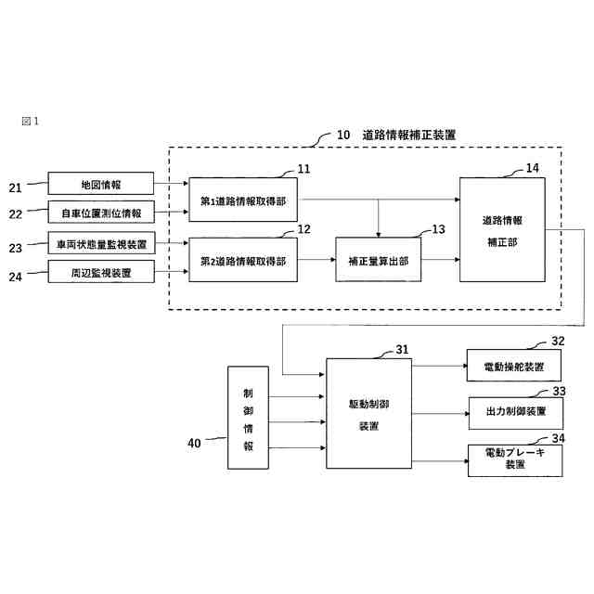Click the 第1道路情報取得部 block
[x=243, y=199]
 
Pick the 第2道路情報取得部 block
[x=243, y=260]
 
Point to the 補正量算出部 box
[x=379, y=261]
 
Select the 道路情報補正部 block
[x=502, y=229]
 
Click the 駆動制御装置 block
[x=368, y=413]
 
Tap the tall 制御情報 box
[x=248, y=418]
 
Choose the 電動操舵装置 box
[x=514, y=366]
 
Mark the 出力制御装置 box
[x=515, y=410]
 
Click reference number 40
[x=194, y=444]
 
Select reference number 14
[x=532, y=168]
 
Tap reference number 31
[x=401, y=350]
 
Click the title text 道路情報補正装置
[x=409, y=135]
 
